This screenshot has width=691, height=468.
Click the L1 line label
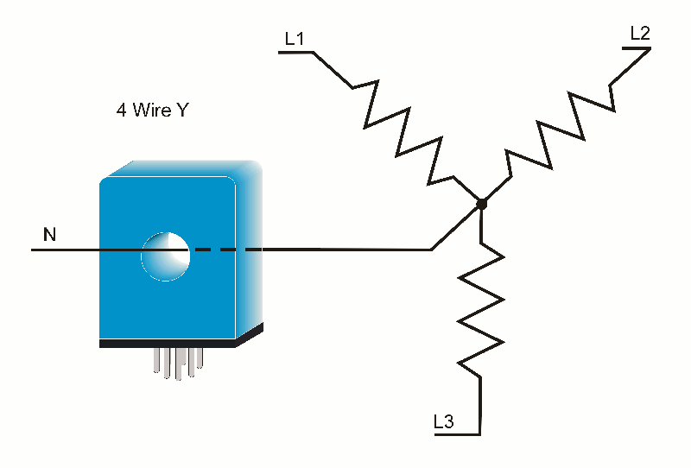pos(295,39)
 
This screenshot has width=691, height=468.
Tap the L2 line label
pos(640,34)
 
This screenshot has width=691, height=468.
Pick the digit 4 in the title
pos(122,111)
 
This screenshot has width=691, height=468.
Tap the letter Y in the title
pos(183,111)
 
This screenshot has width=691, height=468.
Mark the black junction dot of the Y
pos(481,204)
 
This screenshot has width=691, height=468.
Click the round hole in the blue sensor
pos(165,255)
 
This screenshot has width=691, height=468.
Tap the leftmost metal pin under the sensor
pos(157,362)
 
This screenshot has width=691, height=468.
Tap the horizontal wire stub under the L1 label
pos(295,53)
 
